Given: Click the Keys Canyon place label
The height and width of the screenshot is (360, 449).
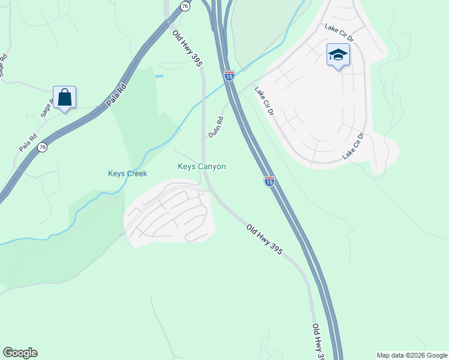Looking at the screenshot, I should coord(202,166).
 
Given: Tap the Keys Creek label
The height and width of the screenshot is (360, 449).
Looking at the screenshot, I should coord(127,173).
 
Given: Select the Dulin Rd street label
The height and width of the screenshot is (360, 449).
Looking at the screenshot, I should coord(215,127).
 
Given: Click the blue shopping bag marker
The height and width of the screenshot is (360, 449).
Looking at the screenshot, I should coord(64,97).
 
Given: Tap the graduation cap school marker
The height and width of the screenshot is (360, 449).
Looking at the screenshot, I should coord(338,55).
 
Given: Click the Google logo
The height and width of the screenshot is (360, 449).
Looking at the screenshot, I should coord(20,353).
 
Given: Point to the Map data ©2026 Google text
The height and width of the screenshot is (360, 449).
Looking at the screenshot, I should coord(412,355).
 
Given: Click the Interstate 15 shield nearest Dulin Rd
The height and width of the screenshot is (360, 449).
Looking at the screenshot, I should coord(229,76).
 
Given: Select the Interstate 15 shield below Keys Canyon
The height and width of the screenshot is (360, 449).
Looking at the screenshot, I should coord(270,181).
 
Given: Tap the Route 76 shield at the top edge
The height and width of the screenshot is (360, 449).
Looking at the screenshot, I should coord(184,5).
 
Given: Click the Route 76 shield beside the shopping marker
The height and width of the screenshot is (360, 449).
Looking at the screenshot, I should coord(42,147).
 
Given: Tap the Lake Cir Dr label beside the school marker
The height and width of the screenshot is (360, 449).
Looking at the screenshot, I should coord(339,34).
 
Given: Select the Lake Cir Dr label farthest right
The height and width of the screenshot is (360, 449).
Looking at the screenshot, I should coord(354,146).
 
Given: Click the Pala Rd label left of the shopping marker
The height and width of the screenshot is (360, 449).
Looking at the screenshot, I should coord(28,142).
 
